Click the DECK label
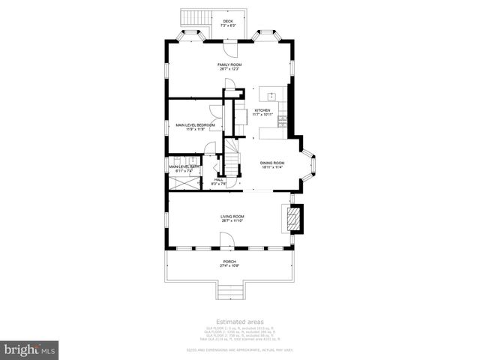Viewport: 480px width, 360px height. (228, 21)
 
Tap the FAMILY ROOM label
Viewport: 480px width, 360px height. (229, 65)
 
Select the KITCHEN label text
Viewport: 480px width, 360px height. (262, 110)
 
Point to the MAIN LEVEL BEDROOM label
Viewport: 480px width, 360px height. (195, 124)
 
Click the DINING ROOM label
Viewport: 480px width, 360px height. (272, 163)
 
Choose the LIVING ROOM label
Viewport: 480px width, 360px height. (232, 216)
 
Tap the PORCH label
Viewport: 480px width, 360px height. (229, 262)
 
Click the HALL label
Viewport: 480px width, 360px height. (219, 180)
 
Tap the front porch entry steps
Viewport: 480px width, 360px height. (230, 292)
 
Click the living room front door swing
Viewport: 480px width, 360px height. (226, 240)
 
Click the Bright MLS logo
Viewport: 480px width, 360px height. (29, 349)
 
